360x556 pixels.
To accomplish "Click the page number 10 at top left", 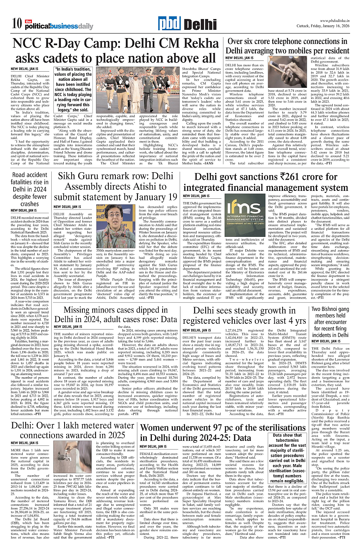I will tap(16, 24).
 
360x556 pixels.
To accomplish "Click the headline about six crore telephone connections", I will tap(288, 46).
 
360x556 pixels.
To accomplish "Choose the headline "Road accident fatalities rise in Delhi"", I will tap(29, 189).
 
